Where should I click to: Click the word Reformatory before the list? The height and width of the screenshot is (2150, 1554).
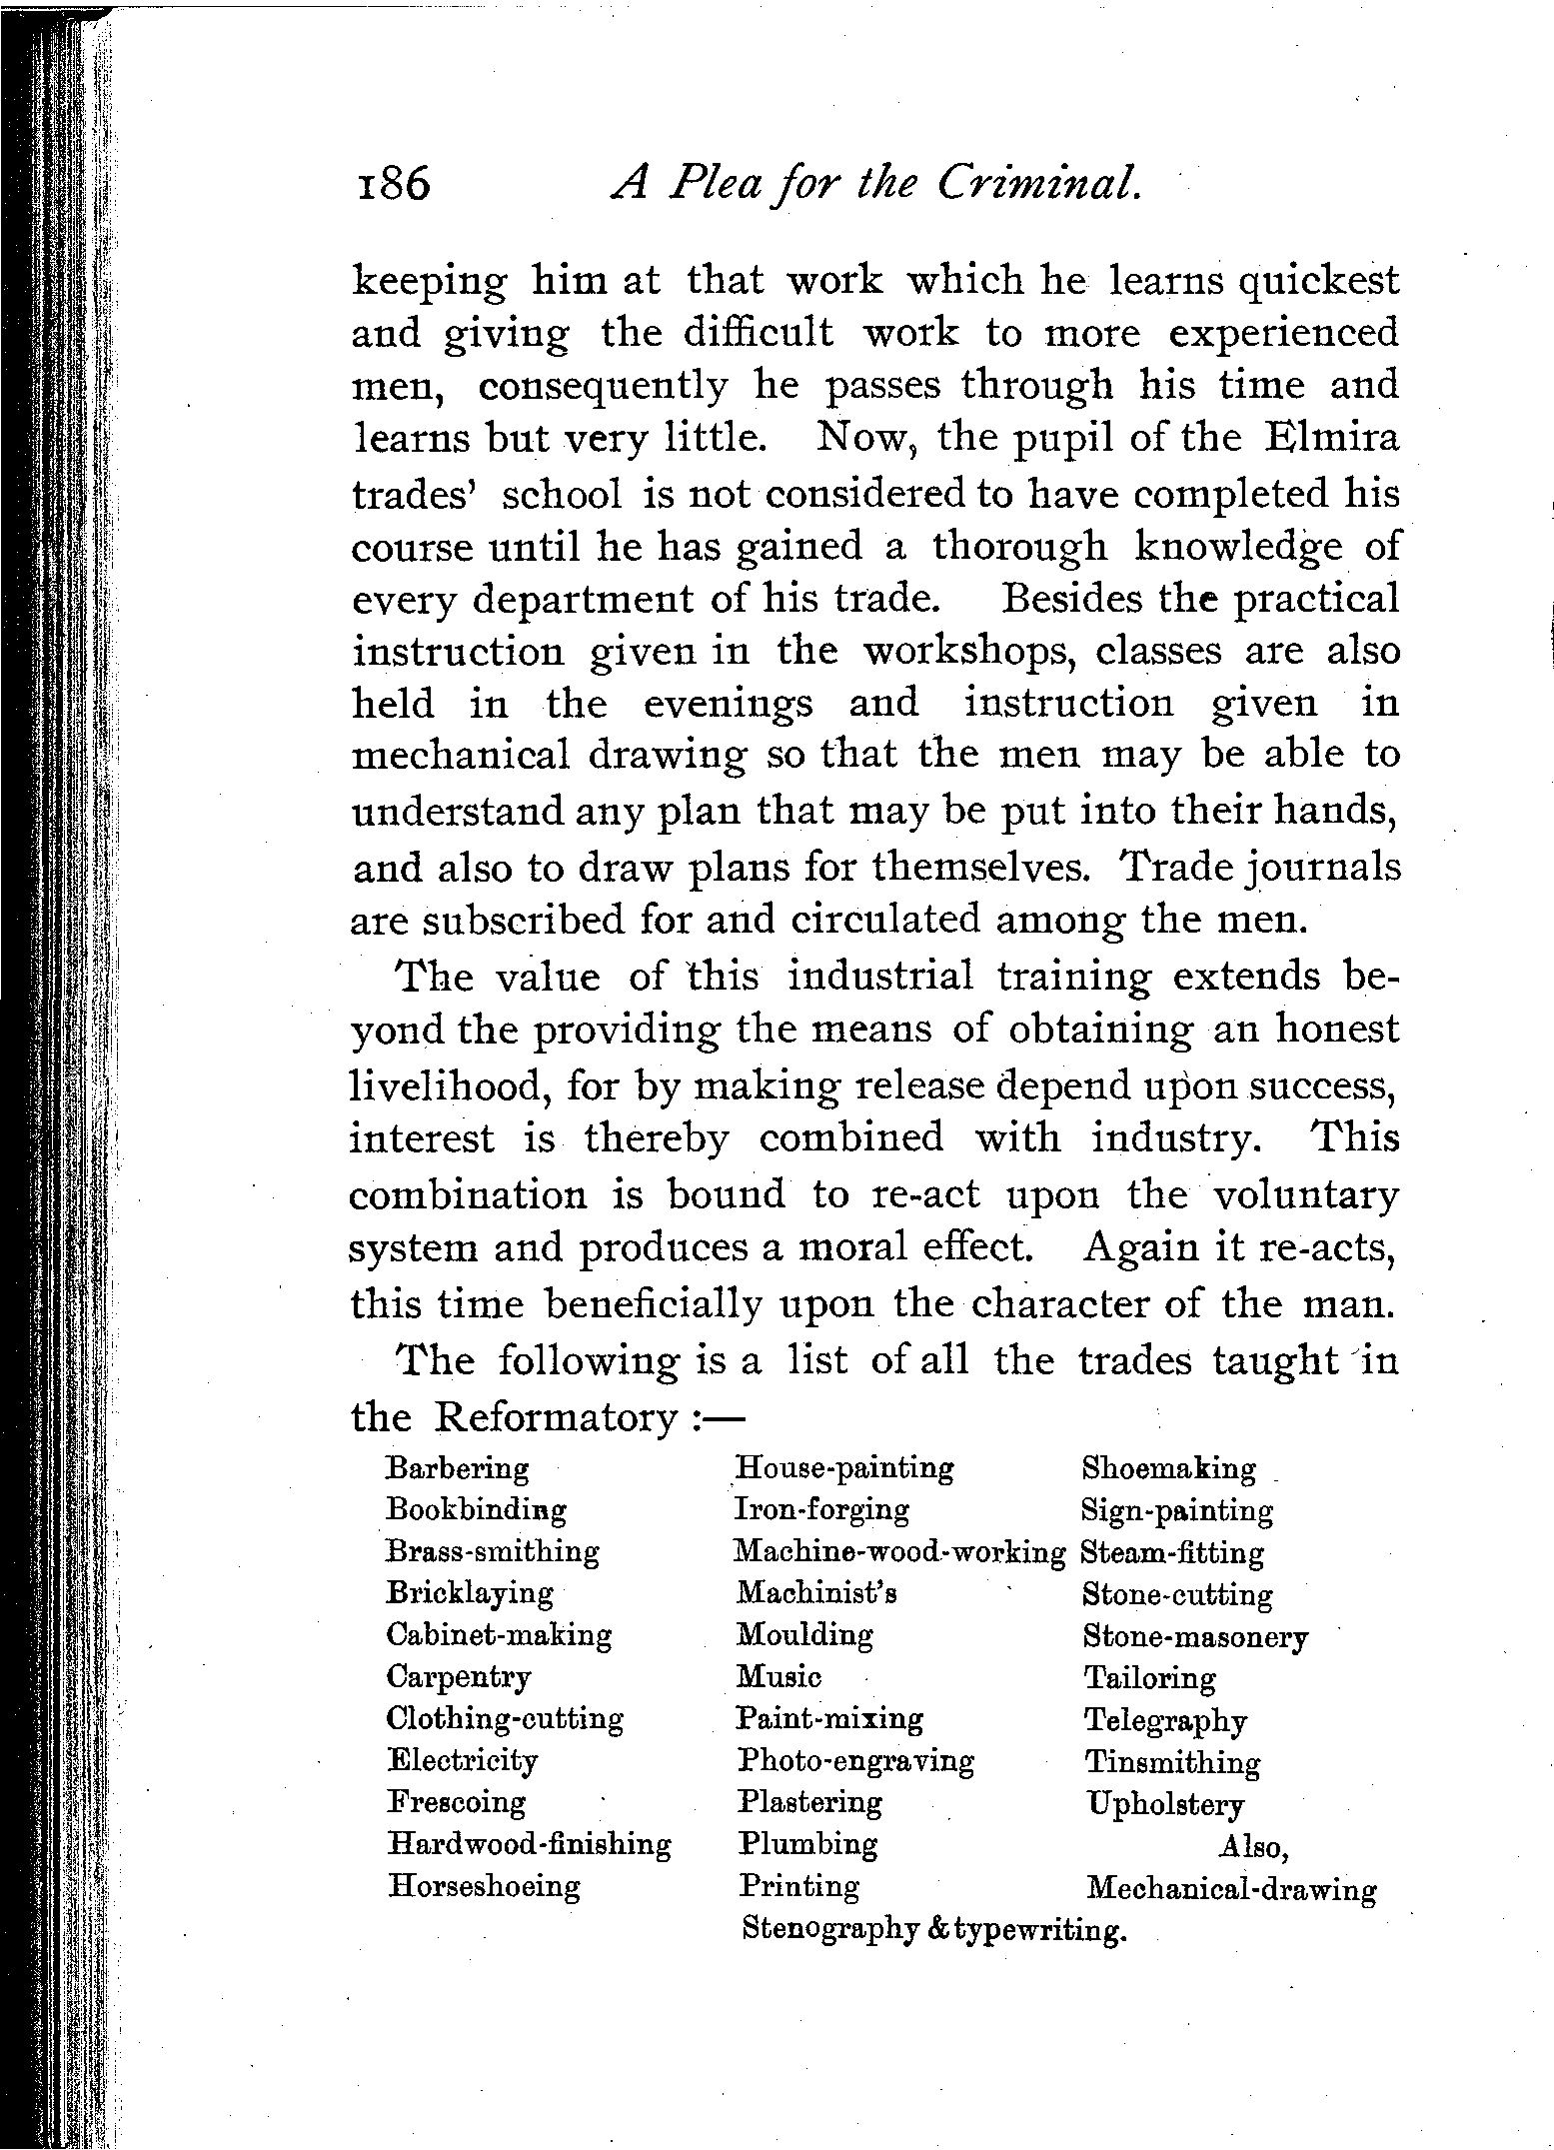(x=558, y=1417)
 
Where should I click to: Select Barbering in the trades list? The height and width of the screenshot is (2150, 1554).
(x=458, y=1468)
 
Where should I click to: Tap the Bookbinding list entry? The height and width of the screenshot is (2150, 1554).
(x=477, y=1509)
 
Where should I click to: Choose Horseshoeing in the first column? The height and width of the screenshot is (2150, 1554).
(x=485, y=1886)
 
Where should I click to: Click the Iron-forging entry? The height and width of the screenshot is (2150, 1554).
(x=822, y=1509)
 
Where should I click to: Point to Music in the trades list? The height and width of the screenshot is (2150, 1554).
(x=779, y=1676)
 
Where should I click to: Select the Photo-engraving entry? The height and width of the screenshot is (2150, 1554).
(x=855, y=1760)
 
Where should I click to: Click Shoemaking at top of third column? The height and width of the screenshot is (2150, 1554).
(x=1169, y=1468)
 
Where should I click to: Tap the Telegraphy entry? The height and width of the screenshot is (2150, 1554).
(x=1166, y=1720)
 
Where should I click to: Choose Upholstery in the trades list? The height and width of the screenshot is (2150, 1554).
(x=1165, y=1804)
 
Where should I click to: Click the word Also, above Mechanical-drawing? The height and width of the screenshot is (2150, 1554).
(x=1253, y=1846)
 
